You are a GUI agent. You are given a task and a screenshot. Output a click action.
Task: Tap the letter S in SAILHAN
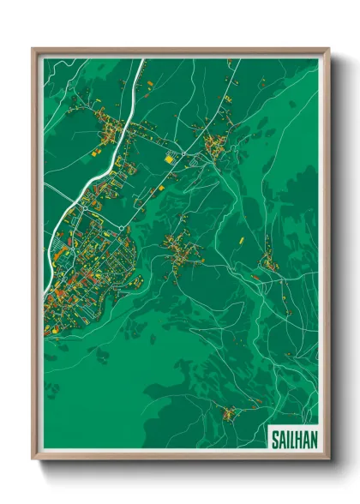[275, 437]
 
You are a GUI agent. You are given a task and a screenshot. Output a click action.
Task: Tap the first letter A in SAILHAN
[282, 437]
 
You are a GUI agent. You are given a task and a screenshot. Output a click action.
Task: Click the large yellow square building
[169, 158]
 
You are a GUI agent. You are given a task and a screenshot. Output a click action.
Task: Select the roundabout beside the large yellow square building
[182, 153]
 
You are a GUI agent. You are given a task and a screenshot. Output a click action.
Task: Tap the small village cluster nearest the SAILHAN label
[229, 415]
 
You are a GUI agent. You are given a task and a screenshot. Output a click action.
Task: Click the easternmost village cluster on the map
[270, 264]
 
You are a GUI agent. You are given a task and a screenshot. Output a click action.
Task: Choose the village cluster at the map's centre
[183, 249]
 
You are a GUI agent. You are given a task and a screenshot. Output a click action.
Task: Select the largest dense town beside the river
[86, 266]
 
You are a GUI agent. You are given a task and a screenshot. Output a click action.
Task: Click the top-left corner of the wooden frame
[33, 49]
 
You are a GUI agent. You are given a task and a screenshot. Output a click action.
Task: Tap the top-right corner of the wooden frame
[328, 49]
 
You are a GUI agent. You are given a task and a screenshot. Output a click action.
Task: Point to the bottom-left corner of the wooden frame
[33, 458]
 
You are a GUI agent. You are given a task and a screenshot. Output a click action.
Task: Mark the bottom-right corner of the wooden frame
[328, 458]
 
